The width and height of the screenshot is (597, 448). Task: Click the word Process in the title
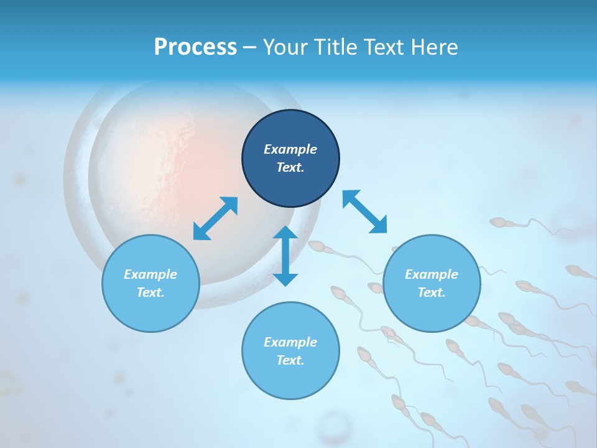[195, 47]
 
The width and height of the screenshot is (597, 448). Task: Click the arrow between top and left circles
[215, 218]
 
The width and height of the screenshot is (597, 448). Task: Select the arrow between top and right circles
[364, 212]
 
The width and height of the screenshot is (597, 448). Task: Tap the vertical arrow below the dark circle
[285, 256]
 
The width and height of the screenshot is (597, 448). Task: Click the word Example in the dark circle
[290, 149]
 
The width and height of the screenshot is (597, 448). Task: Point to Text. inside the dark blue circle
[290, 167]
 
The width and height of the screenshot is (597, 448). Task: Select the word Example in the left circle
[150, 274]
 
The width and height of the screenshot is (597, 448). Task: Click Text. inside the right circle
[432, 292]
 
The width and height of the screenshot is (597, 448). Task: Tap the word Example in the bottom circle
[290, 342]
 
